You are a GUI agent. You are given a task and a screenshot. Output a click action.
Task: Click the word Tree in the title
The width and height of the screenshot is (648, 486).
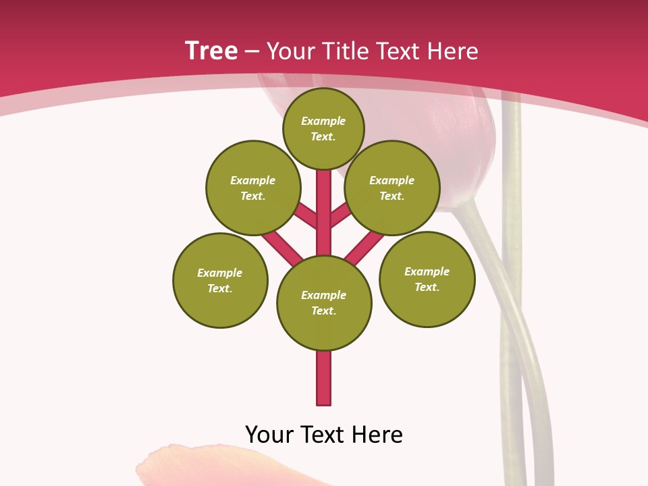pos(211,51)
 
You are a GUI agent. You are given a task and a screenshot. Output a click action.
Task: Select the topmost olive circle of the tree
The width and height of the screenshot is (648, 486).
pos(323,128)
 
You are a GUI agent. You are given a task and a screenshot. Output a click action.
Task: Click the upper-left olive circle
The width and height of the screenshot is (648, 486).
pos(252,188)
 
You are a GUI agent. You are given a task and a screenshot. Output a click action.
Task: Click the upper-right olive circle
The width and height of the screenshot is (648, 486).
pos(392,188)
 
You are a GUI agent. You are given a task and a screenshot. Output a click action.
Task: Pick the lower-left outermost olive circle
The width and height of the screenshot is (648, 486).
pos(220,280)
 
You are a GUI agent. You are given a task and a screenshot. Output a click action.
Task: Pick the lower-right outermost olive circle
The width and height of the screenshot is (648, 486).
pos(427,279)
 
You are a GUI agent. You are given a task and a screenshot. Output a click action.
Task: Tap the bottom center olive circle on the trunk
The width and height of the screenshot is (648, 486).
pos(324,302)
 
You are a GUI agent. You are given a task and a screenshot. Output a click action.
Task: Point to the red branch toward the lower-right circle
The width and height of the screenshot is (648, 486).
pos(365,247)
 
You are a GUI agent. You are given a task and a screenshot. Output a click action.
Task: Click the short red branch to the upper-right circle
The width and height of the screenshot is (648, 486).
pos(340,216)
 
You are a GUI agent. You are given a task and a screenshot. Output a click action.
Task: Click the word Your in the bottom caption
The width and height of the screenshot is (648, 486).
pos(269,435)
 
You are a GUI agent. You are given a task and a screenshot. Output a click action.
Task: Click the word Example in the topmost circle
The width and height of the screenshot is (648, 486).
pos(323,121)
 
